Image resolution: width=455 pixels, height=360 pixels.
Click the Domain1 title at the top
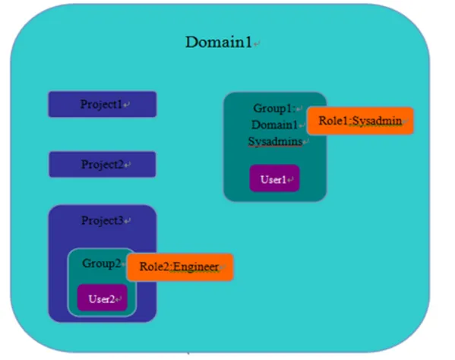(219, 42)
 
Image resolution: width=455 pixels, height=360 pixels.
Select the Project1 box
(102, 104)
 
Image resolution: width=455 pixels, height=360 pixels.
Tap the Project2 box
(102, 164)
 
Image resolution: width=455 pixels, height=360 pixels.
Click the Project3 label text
(102, 221)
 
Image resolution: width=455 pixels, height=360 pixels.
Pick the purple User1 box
(274, 178)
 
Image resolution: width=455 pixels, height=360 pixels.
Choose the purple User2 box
(102, 298)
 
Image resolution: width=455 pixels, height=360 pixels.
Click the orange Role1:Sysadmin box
(360, 121)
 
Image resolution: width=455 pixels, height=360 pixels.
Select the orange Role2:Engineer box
(180, 267)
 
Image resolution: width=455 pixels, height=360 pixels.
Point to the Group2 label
(101, 264)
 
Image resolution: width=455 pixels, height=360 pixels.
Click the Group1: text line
(274, 108)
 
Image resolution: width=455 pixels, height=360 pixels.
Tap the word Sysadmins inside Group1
(275, 141)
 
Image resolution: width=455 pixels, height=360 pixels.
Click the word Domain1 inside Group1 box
(274, 125)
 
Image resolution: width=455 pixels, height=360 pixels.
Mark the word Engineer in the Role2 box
(195, 267)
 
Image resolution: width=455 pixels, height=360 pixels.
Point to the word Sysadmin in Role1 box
(377, 121)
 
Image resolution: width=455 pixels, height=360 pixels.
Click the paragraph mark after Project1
(126, 105)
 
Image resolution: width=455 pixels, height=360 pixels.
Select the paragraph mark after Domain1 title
(257, 44)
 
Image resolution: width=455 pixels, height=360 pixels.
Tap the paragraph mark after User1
(290, 179)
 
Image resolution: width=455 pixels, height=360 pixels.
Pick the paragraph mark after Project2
(128, 165)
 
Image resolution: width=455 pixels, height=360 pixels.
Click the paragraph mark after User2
(118, 299)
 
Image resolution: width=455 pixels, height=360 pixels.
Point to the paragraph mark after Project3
(127, 221)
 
